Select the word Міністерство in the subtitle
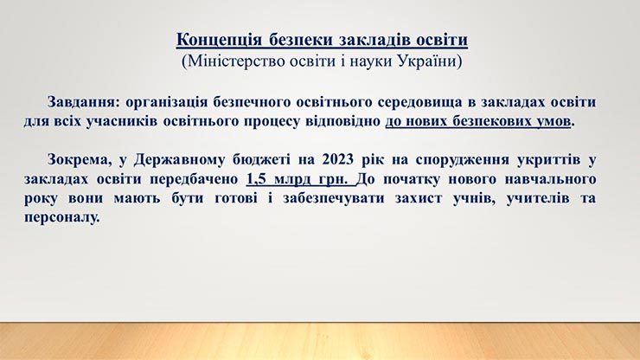click(235, 61)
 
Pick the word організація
click(167, 103)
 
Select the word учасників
click(122, 121)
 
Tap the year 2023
click(337, 159)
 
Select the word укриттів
click(548, 160)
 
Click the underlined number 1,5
click(256, 179)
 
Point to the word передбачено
click(194, 179)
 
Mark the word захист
click(419, 198)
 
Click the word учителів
click(538, 198)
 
